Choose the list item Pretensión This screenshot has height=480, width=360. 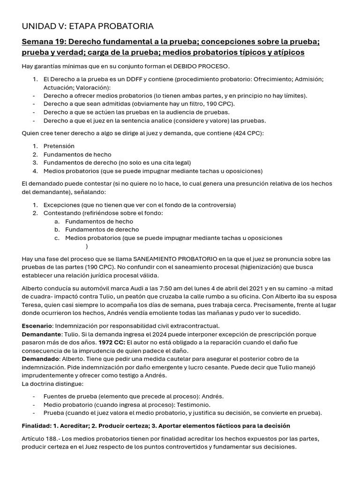point(59,146)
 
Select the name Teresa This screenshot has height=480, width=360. point(32,305)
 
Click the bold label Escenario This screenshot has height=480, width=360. point(37,326)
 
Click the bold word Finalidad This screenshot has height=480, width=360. point(38,426)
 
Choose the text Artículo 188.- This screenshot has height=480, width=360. point(42,439)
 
